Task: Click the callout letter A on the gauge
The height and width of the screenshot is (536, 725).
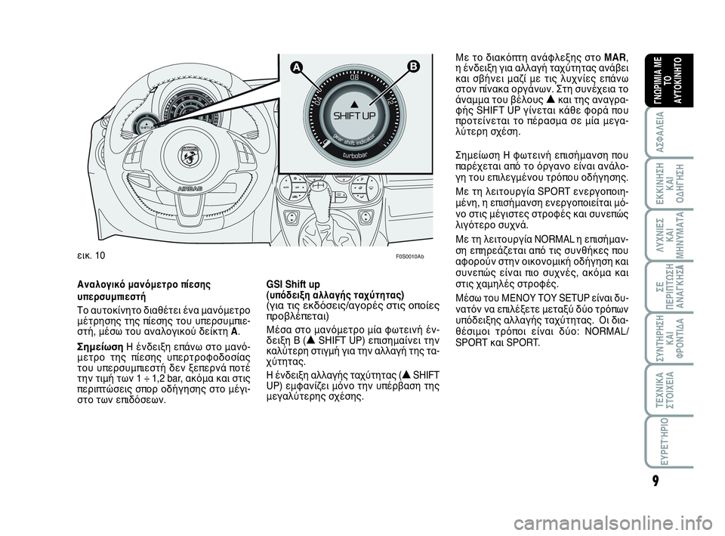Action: click(x=298, y=67)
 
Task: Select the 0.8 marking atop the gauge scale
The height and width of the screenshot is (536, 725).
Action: click(x=355, y=77)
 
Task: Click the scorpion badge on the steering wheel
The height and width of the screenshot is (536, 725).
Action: click(x=187, y=156)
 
